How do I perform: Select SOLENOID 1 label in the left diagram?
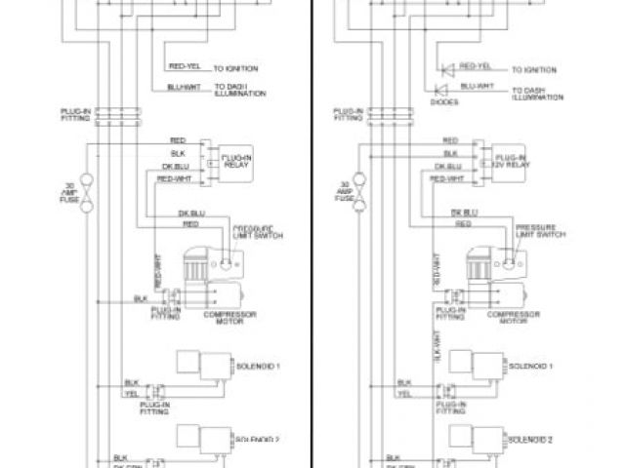[x=258, y=366]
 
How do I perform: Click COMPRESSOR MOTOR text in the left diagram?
[x=223, y=319]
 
